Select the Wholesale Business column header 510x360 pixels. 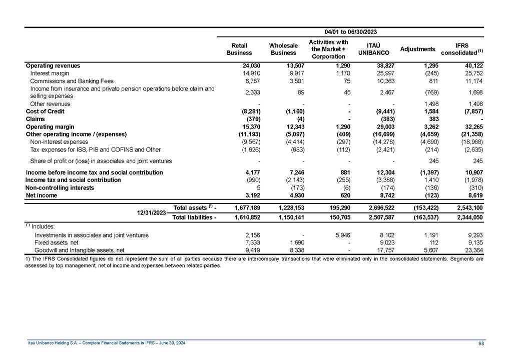coord(283,49)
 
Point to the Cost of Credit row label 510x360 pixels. coord(45,111)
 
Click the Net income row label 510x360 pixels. coord(41,195)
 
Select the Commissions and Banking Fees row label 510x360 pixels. coord(72,81)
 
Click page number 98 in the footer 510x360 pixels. coord(481,343)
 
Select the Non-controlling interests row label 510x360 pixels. coord(60,188)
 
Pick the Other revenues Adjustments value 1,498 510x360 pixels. coord(430,104)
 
